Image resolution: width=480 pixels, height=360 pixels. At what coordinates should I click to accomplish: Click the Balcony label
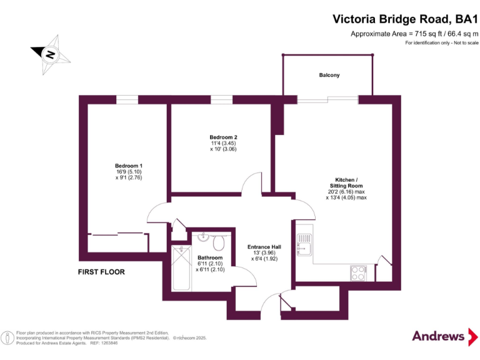pyautogui.click(x=329, y=75)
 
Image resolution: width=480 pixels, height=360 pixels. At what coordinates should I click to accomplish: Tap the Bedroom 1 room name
pyautogui.click(x=129, y=166)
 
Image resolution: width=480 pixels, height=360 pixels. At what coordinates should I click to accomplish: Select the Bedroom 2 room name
pyautogui.click(x=223, y=137)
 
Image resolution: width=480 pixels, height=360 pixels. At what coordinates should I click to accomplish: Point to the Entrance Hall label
pyautogui.click(x=264, y=247)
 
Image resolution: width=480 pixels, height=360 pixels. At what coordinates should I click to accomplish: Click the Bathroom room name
pyautogui.click(x=210, y=257)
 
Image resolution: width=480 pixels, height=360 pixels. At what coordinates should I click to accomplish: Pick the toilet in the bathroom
pyautogui.click(x=219, y=242)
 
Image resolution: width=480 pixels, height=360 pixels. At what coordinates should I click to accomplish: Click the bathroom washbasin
pyautogui.click(x=202, y=237)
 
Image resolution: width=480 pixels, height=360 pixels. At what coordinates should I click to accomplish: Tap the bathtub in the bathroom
pyautogui.click(x=181, y=268)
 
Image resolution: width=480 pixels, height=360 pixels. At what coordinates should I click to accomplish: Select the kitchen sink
pyautogui.click(x=304, y=245)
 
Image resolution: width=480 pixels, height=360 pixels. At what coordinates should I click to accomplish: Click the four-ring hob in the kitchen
pyautogui.click(x=358, y=273)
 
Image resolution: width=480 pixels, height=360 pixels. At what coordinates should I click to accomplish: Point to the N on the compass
pyautogui.click(x=50, y=55)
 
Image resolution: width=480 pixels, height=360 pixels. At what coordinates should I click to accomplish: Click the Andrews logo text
pyautogui.click(x=438, y=336)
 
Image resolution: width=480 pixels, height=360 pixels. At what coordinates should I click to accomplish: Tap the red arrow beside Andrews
pyautogui.click(x=473, y=337)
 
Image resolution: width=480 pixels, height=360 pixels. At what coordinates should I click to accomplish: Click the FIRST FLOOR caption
pyautogui.click(x=101, y=272)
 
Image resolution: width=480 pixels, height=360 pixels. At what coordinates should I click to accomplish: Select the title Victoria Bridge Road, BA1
pyautogui.click(x=405, y=19)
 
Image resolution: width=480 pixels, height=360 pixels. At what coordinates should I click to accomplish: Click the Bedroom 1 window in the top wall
pyautogui.click(x=127, y=100)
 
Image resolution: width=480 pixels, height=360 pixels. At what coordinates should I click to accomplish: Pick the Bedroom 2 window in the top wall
pyautogui.click(x=221, y=100)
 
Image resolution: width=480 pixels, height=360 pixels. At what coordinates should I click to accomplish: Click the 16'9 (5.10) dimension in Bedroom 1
pyautogui.click(x=129, y=172)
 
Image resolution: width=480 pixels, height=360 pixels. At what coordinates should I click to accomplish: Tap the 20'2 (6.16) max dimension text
pyautogui.click(x=346, y=192)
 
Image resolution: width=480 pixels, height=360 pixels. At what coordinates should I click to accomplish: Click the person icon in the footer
pyautogui.click(x=7, y=338)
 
